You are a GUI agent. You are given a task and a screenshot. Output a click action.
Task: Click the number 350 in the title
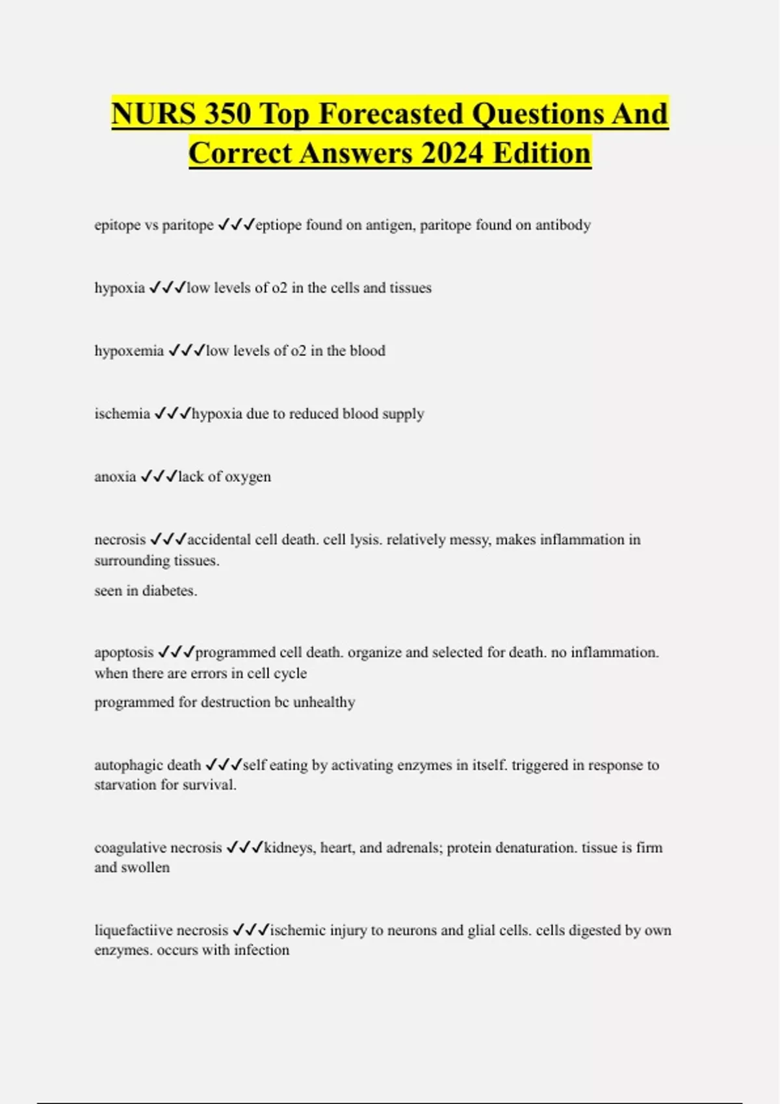coord(227,114)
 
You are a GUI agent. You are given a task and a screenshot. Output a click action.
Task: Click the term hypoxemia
coord(129,351)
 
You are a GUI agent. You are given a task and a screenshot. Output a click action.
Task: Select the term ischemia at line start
coord(122,414)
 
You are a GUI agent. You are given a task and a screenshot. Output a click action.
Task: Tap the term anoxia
coord(115,477)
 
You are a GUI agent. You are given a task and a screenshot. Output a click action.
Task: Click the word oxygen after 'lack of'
coord(248,477)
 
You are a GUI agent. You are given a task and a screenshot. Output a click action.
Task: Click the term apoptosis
coord(123,653)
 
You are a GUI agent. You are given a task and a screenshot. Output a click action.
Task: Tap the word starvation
coord(125,785)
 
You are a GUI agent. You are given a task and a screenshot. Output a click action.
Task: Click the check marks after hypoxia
coord(167,288)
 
